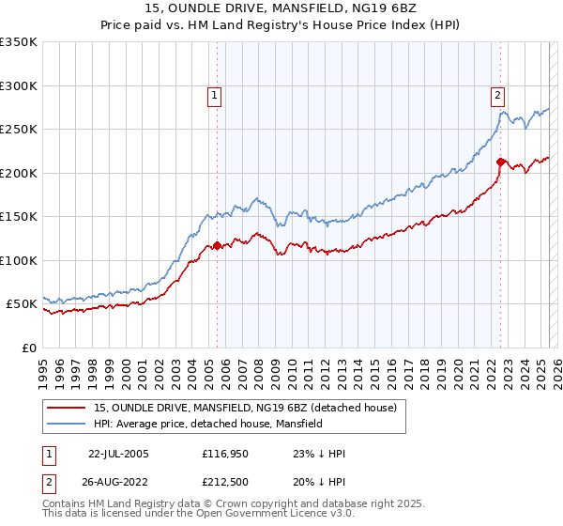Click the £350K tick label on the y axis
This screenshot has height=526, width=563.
click(19, 42)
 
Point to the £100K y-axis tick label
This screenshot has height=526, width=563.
click(19, 260)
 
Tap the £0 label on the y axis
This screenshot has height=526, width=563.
click(28, 348)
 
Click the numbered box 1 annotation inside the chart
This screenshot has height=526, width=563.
click(215, 94)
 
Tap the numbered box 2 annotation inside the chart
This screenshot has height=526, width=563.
click(495, 94)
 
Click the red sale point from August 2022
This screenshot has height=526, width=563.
click(500, 162)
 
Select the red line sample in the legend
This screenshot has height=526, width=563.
click(68, 408)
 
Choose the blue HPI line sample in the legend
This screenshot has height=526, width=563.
click(68, 424)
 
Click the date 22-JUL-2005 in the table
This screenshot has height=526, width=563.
click(118, 454)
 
